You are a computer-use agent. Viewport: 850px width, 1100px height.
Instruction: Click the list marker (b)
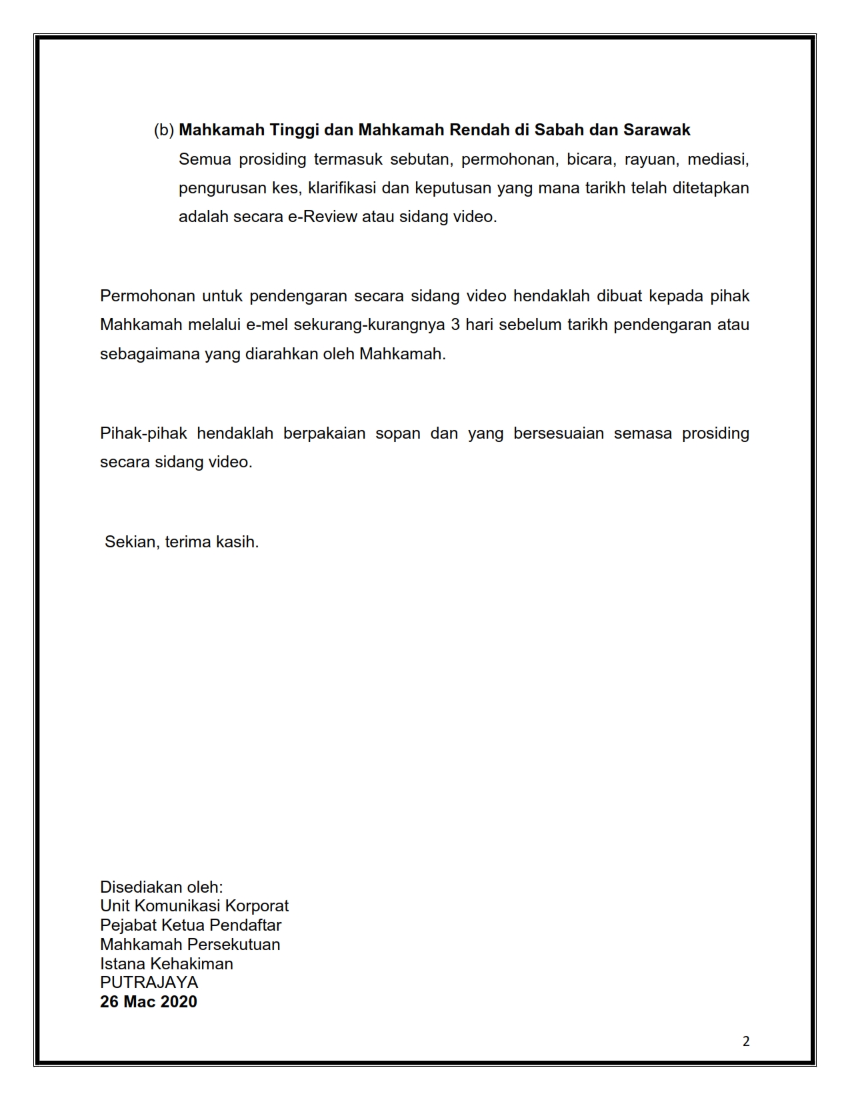tap(163, 130)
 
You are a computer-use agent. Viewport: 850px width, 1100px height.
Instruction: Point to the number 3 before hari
tap(455, 325)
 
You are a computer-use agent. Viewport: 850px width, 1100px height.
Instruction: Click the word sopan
tap(398, 434)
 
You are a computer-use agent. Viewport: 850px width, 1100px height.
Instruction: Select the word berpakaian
tap(325, 434)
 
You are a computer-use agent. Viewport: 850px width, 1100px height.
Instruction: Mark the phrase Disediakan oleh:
tap(161, 887)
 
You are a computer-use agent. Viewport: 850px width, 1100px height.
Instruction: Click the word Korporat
tap(257, 907)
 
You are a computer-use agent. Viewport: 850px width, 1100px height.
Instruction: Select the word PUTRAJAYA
tap(149, 983)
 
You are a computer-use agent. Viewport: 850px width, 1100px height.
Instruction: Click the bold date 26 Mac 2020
tap(148, 1002)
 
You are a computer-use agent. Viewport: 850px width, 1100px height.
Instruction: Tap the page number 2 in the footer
tap(746, 1041)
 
